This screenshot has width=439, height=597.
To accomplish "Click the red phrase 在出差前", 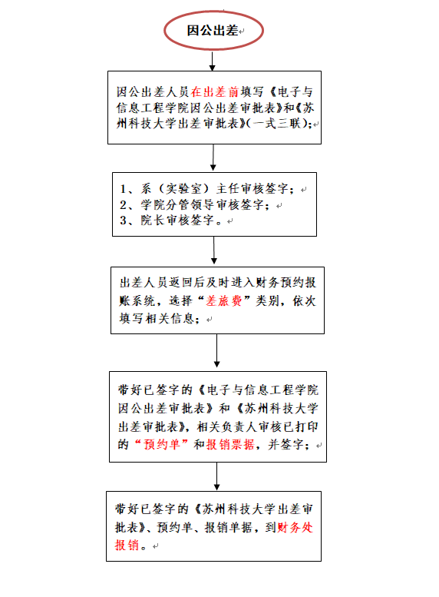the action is coord(215,91).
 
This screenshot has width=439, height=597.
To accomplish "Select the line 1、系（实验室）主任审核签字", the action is coord(206,189).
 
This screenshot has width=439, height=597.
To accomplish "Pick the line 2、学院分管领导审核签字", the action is coord(194,205).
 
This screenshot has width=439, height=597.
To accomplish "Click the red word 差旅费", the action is coord(223,301).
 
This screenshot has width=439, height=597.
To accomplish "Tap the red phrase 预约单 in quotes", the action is coord(161,444).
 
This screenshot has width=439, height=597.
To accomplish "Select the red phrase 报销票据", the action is coord(230,444).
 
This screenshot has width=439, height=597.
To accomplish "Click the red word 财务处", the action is coord(295,527).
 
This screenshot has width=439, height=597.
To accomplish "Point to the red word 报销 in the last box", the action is coord(127,545).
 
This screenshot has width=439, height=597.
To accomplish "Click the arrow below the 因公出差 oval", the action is coord(213,61).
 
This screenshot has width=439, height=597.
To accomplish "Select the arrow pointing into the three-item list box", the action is coord(213,158).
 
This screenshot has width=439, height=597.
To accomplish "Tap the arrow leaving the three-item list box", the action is coord(214,250).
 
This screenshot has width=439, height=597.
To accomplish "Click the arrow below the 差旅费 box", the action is coord(217,350).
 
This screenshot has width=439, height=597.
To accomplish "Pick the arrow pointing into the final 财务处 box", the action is coord(217,476).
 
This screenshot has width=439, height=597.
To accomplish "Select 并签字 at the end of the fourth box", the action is coord(286,444).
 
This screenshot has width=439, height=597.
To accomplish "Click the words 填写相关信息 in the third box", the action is coord(157,318).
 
